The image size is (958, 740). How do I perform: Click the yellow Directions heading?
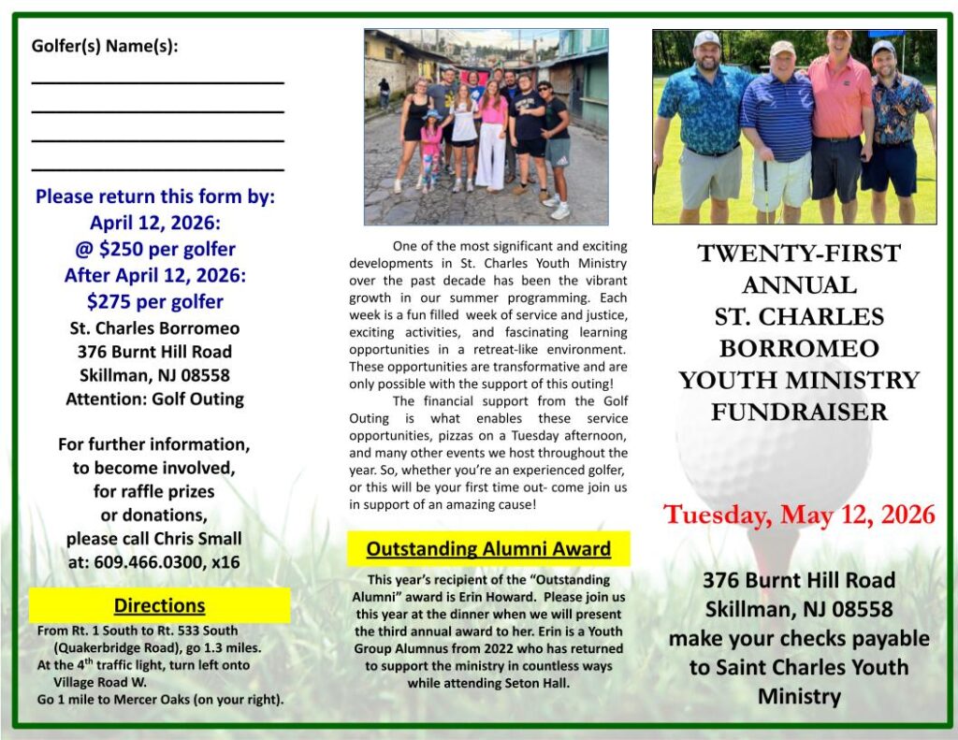tap(159, 605)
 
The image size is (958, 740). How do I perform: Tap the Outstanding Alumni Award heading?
tap(488, 549)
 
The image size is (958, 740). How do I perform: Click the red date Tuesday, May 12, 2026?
tap(799, 515)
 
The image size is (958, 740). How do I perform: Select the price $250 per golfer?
tap(155, 250)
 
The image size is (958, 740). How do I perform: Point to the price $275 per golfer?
tap(155, 301)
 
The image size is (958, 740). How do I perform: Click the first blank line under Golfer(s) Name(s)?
tap(157, 82)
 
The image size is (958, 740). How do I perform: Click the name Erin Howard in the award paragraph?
tap(542, 596)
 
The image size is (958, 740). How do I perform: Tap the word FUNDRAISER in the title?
tap(799, 412)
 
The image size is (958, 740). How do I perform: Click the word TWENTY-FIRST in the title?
tap(799, 254)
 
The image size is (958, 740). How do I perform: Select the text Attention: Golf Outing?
tap(155, 399)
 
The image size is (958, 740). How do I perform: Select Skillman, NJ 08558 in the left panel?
tap(155, 375)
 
